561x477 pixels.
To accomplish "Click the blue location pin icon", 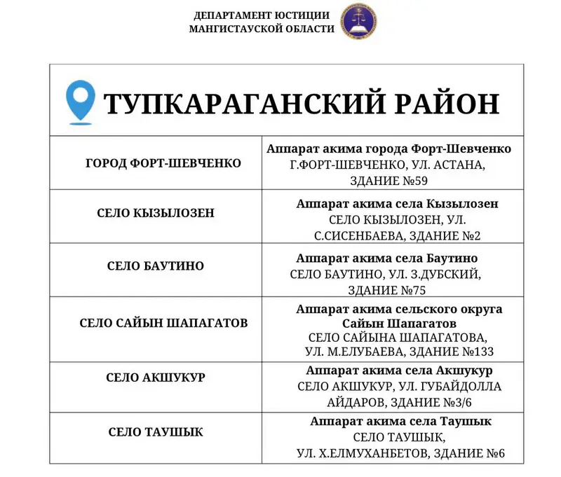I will click(x=79, y=102).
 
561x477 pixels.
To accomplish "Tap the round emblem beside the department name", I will click(x=358, y=22).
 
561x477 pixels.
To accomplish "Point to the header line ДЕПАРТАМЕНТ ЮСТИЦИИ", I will click(x=262, y=15).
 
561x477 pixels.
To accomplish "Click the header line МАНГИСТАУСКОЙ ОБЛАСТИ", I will click(x=262, y=29).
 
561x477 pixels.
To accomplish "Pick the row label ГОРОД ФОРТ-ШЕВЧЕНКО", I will click(x=163, y=163).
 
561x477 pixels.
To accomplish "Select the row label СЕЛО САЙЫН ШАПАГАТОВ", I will click(x=163, y=323).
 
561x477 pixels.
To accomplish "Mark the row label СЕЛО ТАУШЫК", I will click(x=156, y=432).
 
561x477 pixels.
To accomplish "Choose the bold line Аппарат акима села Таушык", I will click(x=400, y=422).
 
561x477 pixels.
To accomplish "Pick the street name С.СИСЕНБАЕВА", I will click(x=353, y=235).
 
